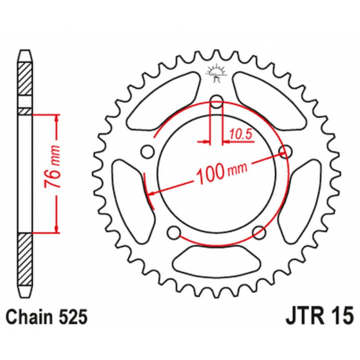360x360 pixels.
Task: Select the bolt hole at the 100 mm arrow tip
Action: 286,152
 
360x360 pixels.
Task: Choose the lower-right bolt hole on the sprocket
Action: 259,232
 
